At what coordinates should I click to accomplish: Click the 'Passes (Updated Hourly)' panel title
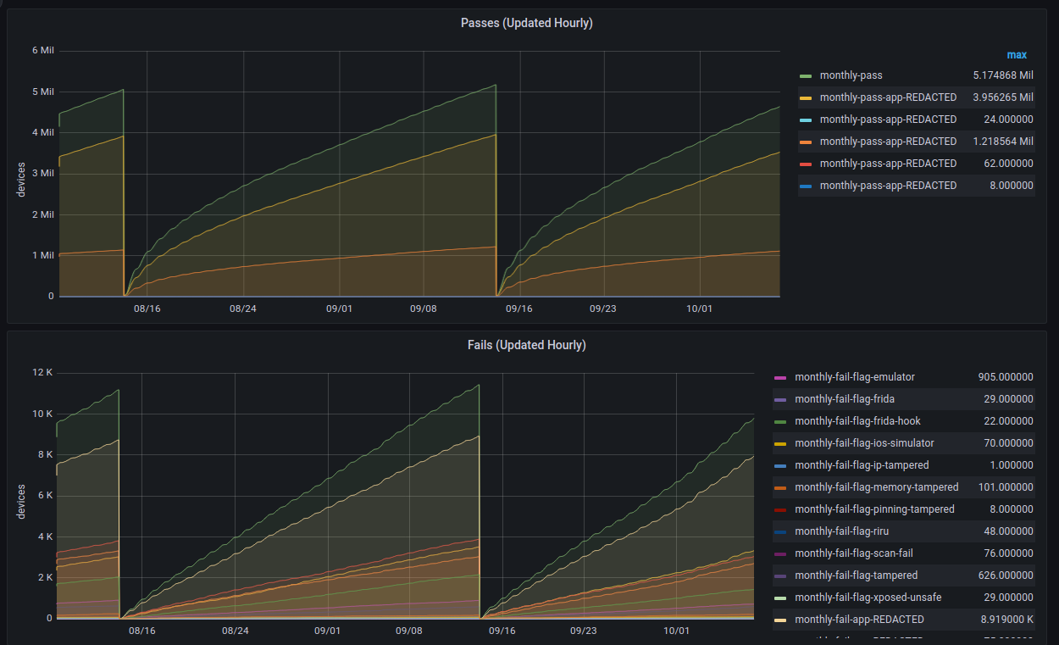(526, 23)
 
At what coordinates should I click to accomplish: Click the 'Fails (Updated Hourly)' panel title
(526, 345)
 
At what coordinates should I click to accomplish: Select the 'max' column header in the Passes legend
(1017, 55)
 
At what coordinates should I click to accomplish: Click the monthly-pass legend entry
(851, 75)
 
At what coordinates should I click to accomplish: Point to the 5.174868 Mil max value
(1003, 75)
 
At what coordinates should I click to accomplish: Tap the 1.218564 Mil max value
(1003, 142)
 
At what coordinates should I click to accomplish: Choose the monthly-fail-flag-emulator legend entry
(854, 377)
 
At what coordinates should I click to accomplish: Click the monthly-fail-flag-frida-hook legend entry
(857, 421)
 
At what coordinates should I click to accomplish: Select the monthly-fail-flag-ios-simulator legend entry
(864, 443)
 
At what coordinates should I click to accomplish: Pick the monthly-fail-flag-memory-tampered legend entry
(876, 487)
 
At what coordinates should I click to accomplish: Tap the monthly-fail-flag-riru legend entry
(841, 531)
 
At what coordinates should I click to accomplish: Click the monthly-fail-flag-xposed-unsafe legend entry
(868, 598)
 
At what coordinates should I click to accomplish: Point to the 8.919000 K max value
(1005, 620)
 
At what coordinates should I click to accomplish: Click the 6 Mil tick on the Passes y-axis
(42, 51)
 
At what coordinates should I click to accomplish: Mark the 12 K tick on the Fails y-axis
(42, 374)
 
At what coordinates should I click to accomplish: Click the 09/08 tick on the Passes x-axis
(423, 309)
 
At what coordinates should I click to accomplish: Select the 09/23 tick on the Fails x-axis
(583, 631)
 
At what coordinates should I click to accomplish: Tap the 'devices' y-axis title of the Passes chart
(22, 180)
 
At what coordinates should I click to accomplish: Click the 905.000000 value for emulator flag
(1005, 377)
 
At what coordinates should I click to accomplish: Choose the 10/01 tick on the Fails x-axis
(676, 631)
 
